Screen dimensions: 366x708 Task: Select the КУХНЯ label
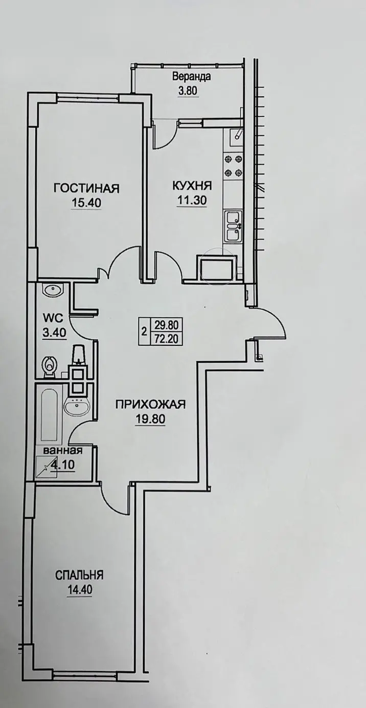click(192, 186)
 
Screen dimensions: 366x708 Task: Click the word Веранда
click(192, 77)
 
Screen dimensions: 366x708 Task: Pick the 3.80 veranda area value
click(188, 91)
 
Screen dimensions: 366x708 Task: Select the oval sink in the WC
click(53, 290)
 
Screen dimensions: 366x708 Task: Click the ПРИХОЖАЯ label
click(150, 405)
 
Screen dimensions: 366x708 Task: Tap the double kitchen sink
click(234, 226)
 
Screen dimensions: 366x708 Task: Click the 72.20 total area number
click(167, 339)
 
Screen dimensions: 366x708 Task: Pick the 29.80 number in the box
click(167, 325)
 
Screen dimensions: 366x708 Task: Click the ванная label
click(63, 450)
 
